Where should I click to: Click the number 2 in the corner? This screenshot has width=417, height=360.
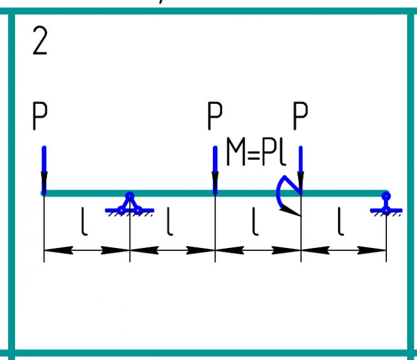pyautogui.click(x=39, y=42)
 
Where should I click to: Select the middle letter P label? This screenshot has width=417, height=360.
pyautogui.click(x=215, y=116)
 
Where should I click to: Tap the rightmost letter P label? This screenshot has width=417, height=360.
pyautogui.click(x=301, y=116)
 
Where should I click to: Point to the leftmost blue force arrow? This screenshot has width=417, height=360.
pyautogui.click(x=44, y=169)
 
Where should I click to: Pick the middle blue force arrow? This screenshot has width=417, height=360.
pyautogui.click(x=215, y=169)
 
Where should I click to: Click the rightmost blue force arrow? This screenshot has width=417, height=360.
pyautogui.click(x=301, y=169)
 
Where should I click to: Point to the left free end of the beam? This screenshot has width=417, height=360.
pyautogui.click(x=44, y=193)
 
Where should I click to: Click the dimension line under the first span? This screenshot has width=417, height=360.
pyautogui.click(x=86, y=250)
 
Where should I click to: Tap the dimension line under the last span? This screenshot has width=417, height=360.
pyautogui.click(x=343, y=250)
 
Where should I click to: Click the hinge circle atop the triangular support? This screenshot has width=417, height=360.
pyautogui.click(x=130, y=196)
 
